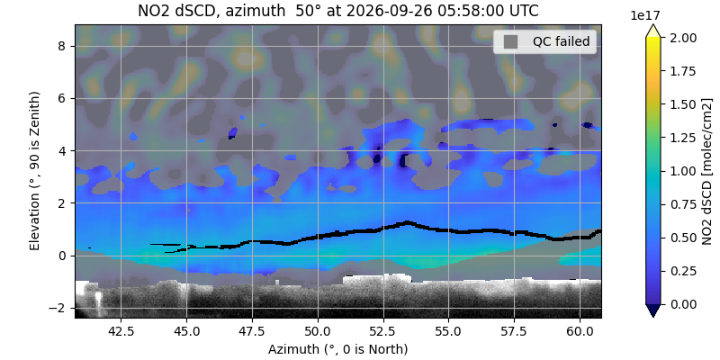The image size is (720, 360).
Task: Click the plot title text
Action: pyautogui.click(x=338, y=11)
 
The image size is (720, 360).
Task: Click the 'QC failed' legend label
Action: pyautogui.click(x=561, y=41)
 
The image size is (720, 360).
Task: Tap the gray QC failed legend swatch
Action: pyautogui.click(x=510, y=41)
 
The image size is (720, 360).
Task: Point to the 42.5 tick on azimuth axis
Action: pyautogui.click(x=121, y=330)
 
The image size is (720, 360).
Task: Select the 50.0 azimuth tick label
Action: pyautogui.click(x=318, y=330)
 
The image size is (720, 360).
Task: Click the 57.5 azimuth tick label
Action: pyautogui.click(x=514, y=330)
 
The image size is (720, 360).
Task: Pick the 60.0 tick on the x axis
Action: pyautogui.click(x=580, y=330)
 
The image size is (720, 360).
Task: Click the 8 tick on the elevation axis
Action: pyautogui.click(x=67, y=47)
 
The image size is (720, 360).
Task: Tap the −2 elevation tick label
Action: pyautogui.click(x=63, y=308)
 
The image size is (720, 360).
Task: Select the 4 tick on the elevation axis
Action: pyautogui.click(x=67, y=151)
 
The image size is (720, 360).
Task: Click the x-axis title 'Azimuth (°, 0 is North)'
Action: pyautogui.click(x=338, y=349)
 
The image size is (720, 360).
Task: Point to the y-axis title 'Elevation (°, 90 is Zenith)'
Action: pyautogui.click(x=34, y=171)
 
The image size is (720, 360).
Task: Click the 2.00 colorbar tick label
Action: pyautogui.click(x=674, y=38)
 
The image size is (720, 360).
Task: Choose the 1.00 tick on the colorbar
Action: pyautogui.click(x=674, y=171)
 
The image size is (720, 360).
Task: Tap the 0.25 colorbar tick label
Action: pyautogui.click(x=674, y=271)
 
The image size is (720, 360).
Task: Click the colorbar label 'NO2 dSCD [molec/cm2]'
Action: pyautogui.click(x=707, y=171)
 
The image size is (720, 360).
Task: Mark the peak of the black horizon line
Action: pyautogui.click(x=407, y=223)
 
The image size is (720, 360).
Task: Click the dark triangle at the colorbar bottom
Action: pyautogui.click(x=653, y=310)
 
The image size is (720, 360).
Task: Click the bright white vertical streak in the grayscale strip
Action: pyautogui.click(x=98, y=303)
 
